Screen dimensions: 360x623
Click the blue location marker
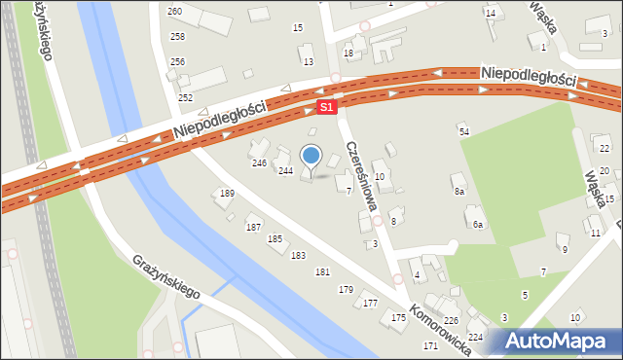(x=311, y=156)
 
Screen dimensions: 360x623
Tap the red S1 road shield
(x=328, y=106)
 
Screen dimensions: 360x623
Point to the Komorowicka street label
(x=441, y=329)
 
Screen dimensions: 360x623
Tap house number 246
(x=260, y=162)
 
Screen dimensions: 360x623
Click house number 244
(x=285, y=170)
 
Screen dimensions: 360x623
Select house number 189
(x=227, y=194)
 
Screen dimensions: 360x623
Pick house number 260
(x=175, y=11)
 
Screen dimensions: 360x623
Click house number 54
(x=464, y=131)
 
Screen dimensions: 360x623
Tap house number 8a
(x=458, y=192)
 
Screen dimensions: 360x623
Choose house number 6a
(x=477, y=225)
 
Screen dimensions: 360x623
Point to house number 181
(x=322, y=271)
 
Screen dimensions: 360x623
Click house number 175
(x=398, y=318)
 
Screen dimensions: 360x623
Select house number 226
(x=452, y=320)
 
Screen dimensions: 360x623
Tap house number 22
(x=605, y=148)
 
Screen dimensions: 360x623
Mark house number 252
(x=185, y=98)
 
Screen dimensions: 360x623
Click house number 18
(x=348, y=53)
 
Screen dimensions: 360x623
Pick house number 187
(x=253, y=227)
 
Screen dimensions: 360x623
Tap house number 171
(x=430, y=346)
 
